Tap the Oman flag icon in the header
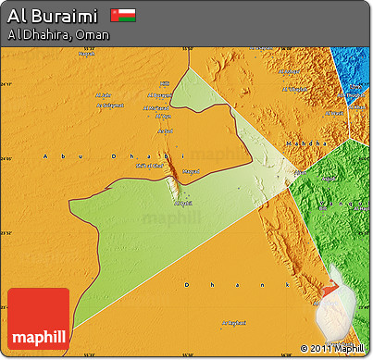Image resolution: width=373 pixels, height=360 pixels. (122, 16)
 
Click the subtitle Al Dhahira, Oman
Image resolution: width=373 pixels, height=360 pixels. (57, 35)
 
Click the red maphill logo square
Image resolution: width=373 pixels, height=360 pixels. (38, 318)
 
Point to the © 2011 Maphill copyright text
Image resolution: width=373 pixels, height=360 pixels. (332, 349)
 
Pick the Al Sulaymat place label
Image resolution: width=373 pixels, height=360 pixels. (112, 105)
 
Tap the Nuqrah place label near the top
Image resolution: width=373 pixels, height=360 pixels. (86, 53)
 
